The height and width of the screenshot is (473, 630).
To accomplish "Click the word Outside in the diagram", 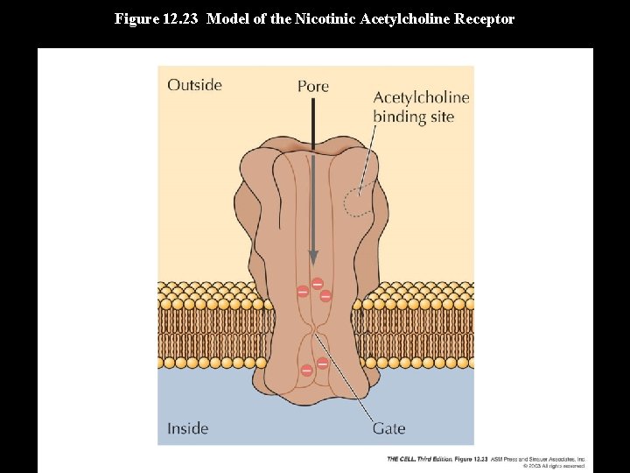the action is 194,85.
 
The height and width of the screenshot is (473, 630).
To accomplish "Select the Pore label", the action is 312,86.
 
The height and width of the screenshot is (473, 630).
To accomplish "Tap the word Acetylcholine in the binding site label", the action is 421,98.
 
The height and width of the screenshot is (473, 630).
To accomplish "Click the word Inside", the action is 187,428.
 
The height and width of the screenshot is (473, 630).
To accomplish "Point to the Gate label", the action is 388,428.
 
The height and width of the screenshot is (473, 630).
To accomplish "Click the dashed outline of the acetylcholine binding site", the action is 356,202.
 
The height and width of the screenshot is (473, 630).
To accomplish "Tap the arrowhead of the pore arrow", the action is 312,256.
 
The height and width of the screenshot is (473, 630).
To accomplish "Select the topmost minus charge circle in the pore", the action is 317,283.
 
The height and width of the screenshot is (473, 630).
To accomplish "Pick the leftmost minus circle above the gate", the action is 303,291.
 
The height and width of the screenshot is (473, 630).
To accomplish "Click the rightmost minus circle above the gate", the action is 325,296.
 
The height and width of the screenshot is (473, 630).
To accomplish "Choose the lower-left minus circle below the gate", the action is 306,371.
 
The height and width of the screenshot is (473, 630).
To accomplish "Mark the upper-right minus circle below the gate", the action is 322,363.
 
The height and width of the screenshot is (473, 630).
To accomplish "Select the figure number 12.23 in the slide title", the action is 183,18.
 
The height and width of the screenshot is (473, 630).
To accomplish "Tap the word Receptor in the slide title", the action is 484,18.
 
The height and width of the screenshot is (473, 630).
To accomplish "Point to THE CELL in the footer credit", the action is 402,459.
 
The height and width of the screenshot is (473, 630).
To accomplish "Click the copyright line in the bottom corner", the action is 553,466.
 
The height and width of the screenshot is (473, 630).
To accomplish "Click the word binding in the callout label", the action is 398,116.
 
